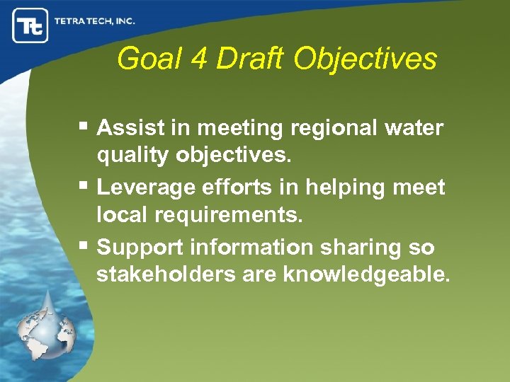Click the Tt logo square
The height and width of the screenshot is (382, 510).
coord(30,25)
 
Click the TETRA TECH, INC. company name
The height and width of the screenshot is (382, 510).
coord(94,21)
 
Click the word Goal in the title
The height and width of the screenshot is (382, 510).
coord(149,59)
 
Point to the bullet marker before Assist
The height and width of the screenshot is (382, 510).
coord(84,127)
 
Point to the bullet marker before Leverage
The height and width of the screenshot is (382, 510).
coord(84,187)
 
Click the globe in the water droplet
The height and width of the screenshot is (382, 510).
coord(45,333)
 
